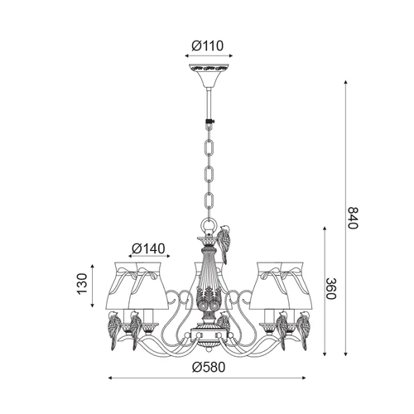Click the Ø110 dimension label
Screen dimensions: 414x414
(208, 46)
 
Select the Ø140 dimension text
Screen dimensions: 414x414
(148, 248)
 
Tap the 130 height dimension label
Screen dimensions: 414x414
(82, 284)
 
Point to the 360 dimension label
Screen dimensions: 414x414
(330, 289)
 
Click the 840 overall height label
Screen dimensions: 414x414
(352, 218)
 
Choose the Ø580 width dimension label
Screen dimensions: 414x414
(209, 367)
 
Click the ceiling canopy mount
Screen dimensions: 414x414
(209, 75)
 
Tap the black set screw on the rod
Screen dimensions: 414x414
(209, 122)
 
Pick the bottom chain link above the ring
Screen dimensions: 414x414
(209, 202)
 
